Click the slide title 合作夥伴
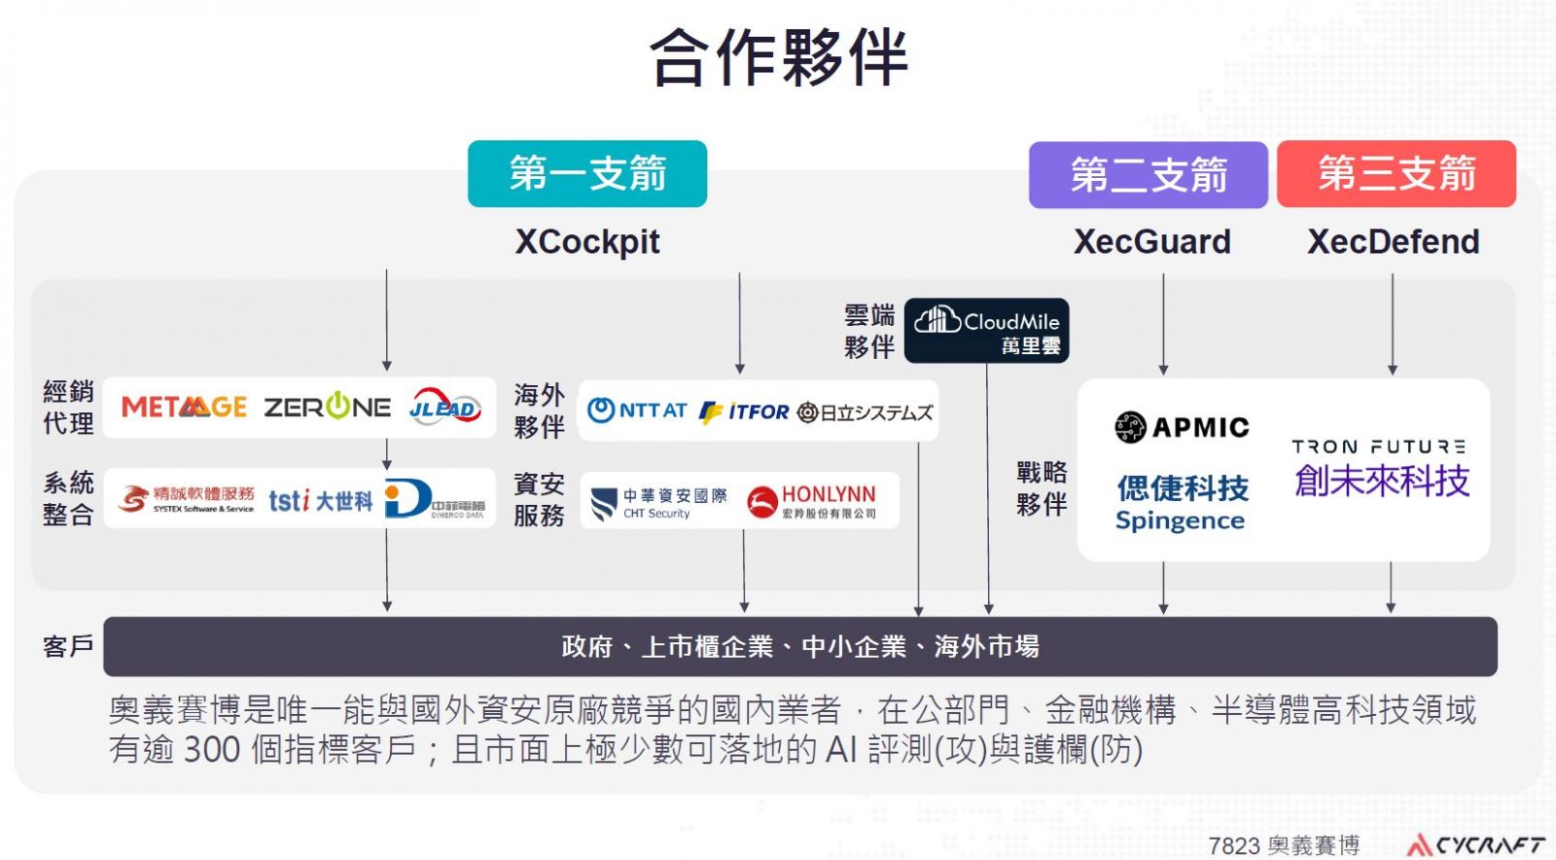coord(778,56)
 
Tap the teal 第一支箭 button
coord(587,174)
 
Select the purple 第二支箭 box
coord(1149,175)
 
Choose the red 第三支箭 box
coord(1397,174)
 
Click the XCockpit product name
coord(587,241)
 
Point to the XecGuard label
coord(1152,241)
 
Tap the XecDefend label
coord(1393,241)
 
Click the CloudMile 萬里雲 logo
coord(987,331)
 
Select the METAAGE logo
coord(184,407)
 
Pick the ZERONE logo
coord(328,407)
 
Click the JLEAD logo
coord(445,407)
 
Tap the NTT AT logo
coord(638,411)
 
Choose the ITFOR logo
coord(745,412)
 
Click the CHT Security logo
coord(659,502)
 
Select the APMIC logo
coord(1182,427)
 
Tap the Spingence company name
coord(1181,520)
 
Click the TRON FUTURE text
coord(1379,447)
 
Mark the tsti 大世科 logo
coord(321,501)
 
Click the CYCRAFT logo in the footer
coord(1476,844)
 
